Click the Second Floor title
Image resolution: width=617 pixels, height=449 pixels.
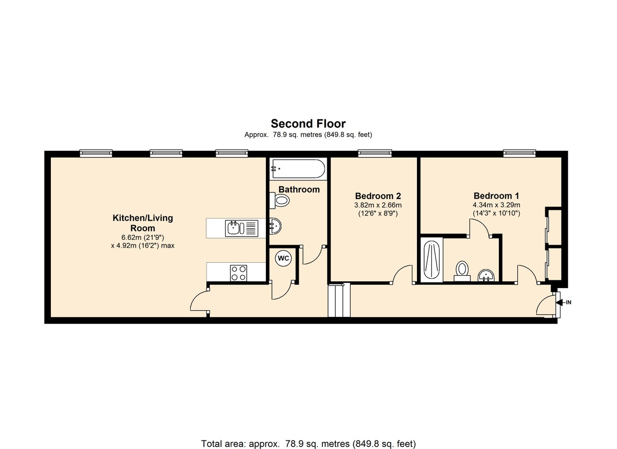308,123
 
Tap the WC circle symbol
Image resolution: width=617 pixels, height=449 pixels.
283,259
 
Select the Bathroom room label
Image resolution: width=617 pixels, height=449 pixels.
299,189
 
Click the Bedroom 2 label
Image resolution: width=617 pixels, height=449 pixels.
377,196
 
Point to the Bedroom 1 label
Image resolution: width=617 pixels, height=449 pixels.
496,196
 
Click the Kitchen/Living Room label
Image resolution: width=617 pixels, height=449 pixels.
142,223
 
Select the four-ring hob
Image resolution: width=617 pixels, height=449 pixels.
239,272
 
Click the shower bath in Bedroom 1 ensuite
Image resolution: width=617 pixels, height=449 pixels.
431,260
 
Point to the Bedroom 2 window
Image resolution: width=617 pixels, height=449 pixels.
374,153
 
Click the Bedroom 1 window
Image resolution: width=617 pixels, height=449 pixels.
519,153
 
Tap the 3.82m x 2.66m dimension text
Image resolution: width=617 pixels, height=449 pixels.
377,205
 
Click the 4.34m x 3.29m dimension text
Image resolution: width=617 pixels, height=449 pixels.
496,205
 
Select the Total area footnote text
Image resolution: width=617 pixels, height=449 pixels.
308,443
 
